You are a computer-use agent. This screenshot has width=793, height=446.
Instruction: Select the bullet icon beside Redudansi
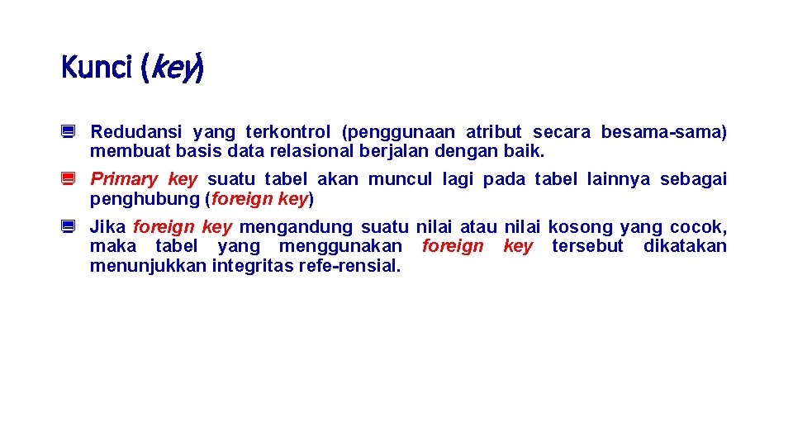pyautogui.click(x=69, y=131)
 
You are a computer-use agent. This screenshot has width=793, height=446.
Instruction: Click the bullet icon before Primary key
pyautogui.click(x=69, y=179)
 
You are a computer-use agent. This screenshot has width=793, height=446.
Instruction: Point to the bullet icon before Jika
pyautogui.click(x=69, y=226)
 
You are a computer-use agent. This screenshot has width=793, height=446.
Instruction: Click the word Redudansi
pyautogui.click(x=136, y=132)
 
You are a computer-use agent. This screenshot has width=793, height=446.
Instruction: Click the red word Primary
pyautogui.click(x=123, y=179)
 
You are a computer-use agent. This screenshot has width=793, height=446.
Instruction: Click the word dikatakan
pyautogui.click(x=685, y=246)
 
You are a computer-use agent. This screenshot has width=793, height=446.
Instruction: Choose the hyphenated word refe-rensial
pyautogui.click(x=356, y=266)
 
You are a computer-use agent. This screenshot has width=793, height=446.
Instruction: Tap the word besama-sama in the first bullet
pyautogui.click(x=663, y=132)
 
